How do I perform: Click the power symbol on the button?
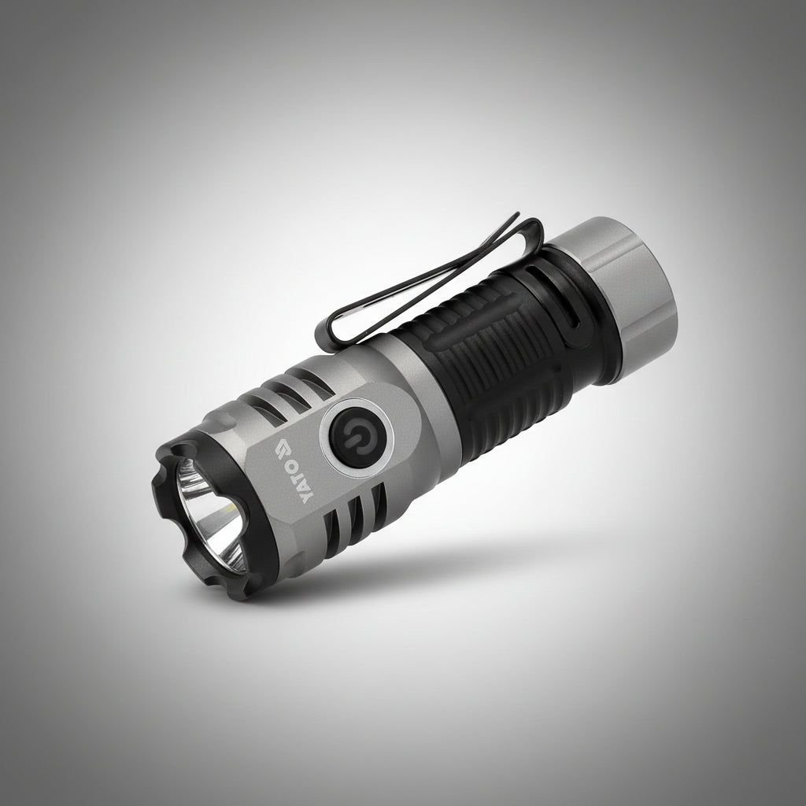tap(355, 437)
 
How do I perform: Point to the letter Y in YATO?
tap(306, 496)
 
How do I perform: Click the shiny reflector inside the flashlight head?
tap(210, 515)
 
